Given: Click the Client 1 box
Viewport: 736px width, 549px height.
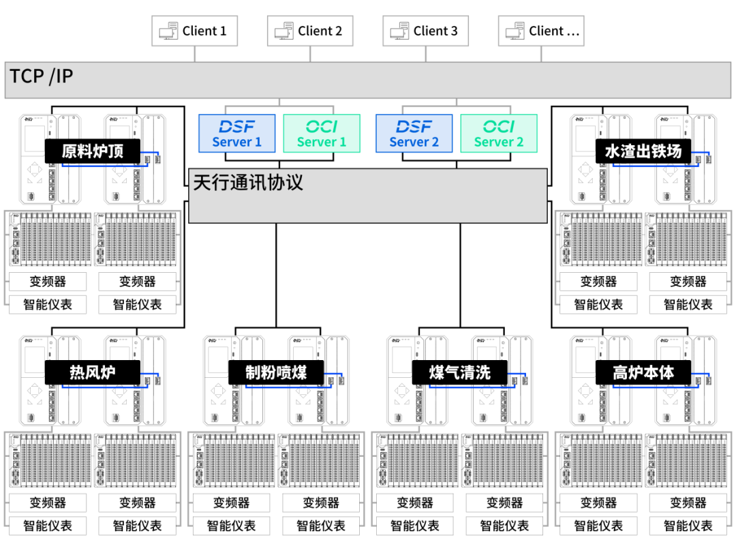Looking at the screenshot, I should [x=195, y=31].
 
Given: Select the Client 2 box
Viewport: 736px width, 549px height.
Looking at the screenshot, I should [x=310, y=31].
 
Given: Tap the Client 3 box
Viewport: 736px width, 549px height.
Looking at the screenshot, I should [x=426, y=31].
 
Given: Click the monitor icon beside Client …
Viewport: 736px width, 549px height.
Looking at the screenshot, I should [x=515, y=31].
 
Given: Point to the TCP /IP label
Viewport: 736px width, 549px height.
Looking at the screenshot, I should [x=41, y=76].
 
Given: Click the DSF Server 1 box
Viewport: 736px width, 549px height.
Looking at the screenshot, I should [x=237, y=133].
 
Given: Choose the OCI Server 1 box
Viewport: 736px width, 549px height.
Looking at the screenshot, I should [x=322, y=133].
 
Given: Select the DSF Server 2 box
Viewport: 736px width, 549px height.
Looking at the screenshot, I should [x=414, y=133].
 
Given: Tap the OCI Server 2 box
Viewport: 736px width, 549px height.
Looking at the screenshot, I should [x=499, y=133].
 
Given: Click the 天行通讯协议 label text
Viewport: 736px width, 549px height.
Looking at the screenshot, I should [x=248, y=183].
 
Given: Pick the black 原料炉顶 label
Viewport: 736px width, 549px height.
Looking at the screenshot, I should [x=93, y=151].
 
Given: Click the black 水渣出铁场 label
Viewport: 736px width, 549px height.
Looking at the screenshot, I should [x=643, y=151].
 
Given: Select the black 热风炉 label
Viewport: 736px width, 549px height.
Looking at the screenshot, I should [x=93, y=372].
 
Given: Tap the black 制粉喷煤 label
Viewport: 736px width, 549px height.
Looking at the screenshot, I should [x=276, y=372].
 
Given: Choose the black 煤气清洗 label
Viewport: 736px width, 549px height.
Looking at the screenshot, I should [x=460, y=372].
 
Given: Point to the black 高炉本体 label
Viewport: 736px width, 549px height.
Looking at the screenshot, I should [x=643, y=372].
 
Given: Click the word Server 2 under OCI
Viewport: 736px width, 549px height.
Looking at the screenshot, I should [x=499, y=143].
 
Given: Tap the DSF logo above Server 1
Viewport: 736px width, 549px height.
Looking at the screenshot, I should [x=237, y=126].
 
